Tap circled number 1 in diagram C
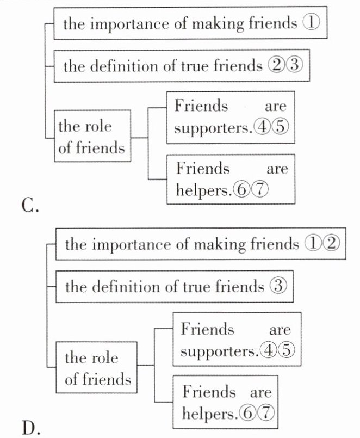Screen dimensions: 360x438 point(311,23)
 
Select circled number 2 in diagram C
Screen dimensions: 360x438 point(276,65)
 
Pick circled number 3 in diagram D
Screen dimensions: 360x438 point(278,286)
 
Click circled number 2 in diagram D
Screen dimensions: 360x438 point(332,243)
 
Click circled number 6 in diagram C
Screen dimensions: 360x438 point(242,190)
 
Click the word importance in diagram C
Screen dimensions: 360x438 point(130,24)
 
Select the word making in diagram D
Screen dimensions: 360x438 point(219,245)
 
